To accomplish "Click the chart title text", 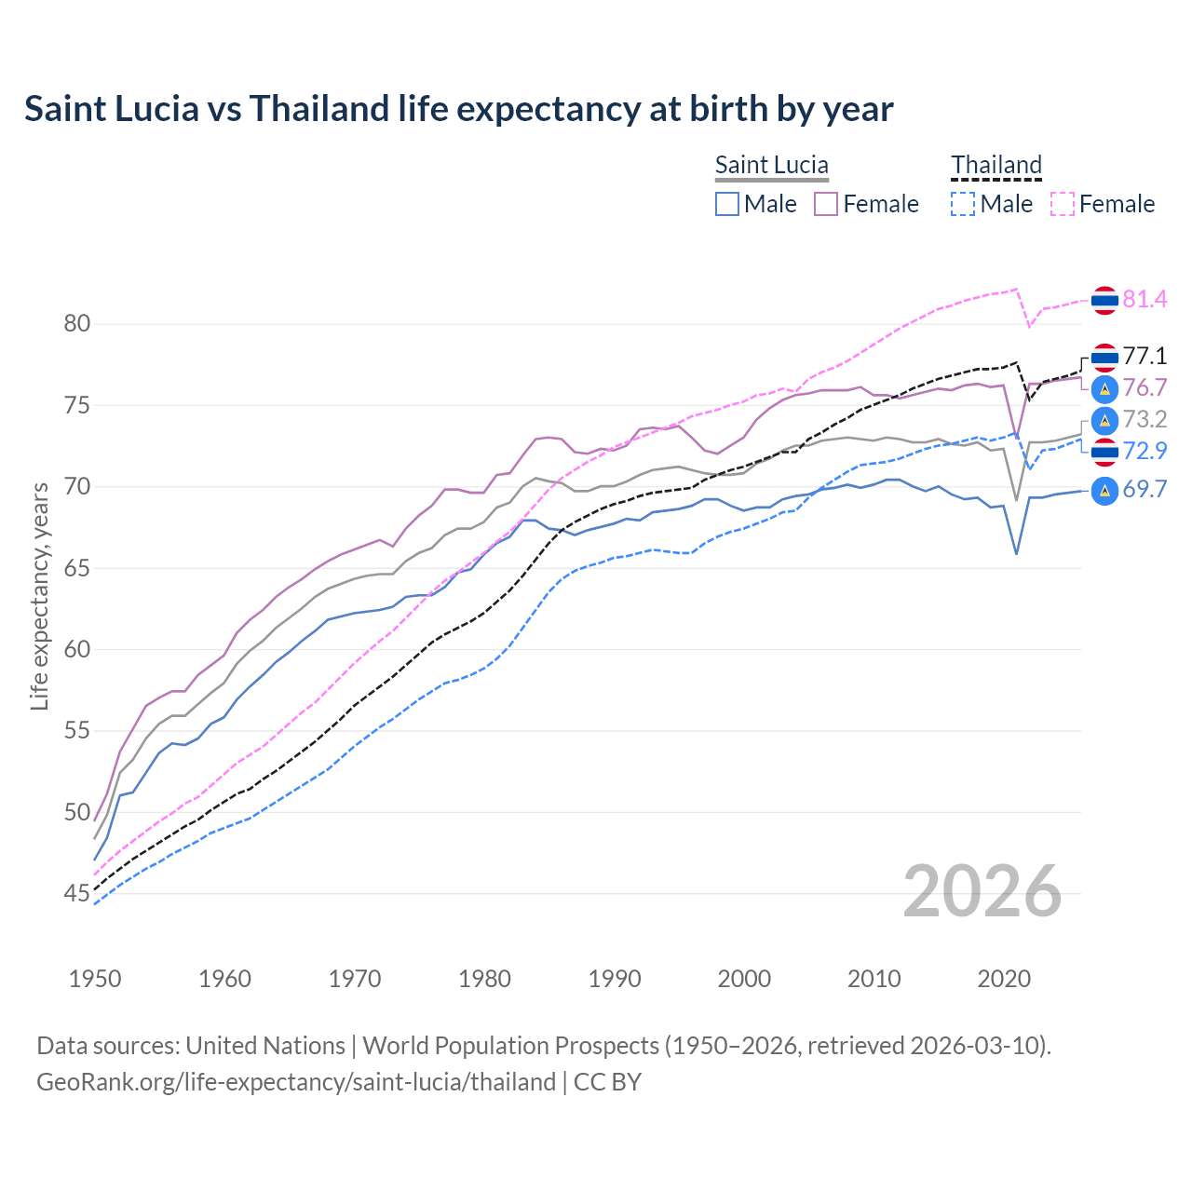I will pos(458,109).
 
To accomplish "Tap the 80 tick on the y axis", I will pos(77,324).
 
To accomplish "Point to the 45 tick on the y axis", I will pos(77,894).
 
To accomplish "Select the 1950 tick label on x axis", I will pos(95,979).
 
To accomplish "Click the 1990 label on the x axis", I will pos(615,979).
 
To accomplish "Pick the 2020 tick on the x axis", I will pos(1004,979).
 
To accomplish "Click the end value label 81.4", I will pos(1145,299).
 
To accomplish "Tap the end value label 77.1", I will pos(1145,356).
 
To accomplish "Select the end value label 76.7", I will pos(1145,387).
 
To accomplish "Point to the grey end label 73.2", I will pos(1145,419).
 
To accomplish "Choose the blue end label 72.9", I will pos(1145,451).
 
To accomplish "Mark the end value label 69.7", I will pos(1145,489).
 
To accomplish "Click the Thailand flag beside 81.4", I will pos(1104,300).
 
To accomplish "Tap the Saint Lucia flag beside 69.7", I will pos(1104,490).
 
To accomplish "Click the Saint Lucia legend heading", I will pos(771,165).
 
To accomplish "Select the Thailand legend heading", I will pos(996,165).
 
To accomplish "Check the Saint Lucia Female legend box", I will pos(826,204).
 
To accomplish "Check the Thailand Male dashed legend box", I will pos(963,204).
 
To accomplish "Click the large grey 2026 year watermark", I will pos(982,892).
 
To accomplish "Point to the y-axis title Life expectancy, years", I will pos(39,596).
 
